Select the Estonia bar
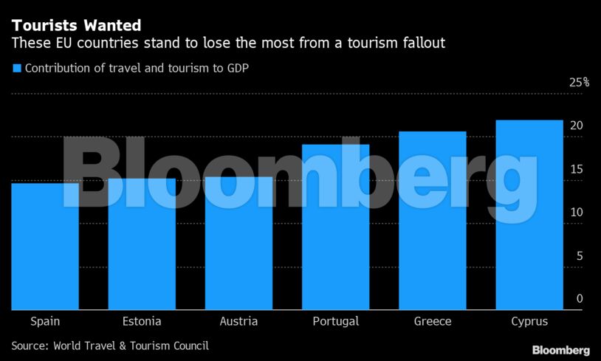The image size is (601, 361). click(x=142, y=244)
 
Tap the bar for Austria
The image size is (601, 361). click(x=238, y=243)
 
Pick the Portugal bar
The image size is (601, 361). click(x=335, y=227)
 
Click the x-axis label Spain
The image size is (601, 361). click(x=45, y=321)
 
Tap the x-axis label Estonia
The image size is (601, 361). click(x=142, y=321)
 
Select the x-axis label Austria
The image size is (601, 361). click(x=238, y=321)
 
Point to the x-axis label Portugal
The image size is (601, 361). click(x=335, y=321)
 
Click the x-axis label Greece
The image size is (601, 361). click(x=433, y=321)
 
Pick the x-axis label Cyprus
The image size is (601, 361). click(x=529, y=321)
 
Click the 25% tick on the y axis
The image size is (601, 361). click(x=579, y=83)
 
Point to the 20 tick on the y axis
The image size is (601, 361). click(x=577, y=126)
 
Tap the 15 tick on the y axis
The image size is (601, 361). click(x=577, y=169)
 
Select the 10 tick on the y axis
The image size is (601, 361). click(x=577, y=213)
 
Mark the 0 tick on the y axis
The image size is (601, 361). click(x=580, y=299)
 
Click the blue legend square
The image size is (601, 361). click(x=16, y=69)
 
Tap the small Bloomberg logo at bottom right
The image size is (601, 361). click(x=561, y=348)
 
